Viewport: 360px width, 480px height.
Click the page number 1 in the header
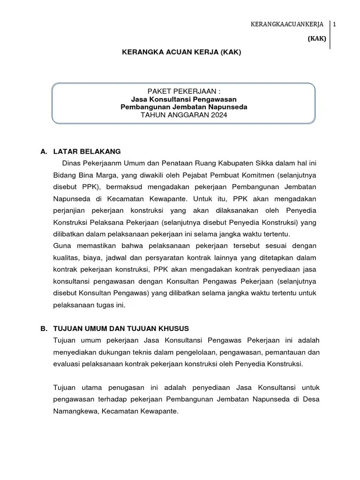335,25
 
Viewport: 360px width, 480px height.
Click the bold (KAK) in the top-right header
316,39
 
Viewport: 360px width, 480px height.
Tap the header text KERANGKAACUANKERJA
288,25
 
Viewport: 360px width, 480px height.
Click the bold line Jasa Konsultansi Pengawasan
184,99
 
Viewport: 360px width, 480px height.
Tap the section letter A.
44,151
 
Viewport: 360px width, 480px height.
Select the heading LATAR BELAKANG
87,151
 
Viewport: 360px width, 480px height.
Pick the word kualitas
67,257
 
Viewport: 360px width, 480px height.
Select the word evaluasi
67,363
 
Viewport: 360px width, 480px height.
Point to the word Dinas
72,163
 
